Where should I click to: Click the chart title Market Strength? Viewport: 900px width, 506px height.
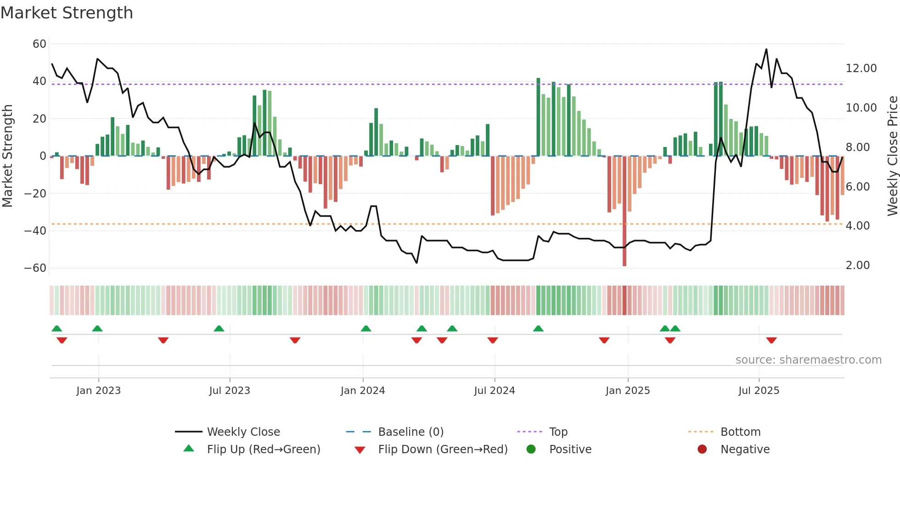click(x=67, y=13)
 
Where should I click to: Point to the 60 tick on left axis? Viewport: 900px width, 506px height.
click(x=39, y=44)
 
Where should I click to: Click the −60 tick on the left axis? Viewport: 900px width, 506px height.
click(x=35, y=268)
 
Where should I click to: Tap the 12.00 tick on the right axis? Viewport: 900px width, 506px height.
click(x=861, y=68)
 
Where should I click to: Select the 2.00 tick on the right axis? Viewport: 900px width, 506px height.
click(x=857, y=265)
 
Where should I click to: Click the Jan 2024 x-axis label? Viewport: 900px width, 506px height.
click(x=362, y=391)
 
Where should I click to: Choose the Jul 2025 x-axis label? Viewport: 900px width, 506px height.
click(x=759, y=391)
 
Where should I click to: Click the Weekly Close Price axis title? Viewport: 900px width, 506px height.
click(x=892, y=156)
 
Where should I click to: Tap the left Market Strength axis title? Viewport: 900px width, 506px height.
click(x=7, y=156)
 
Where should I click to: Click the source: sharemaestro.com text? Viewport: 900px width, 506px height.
click(x=808, y=360)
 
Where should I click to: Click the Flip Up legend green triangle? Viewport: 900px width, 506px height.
click(x=189, y=449)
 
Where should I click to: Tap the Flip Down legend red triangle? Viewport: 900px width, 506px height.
click(x=360, y=450)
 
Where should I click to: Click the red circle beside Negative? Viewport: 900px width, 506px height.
click(x=702, y=449)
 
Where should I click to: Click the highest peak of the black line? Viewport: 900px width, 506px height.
click(x=766, y=50)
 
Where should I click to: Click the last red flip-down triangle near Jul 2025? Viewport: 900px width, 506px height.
click(x=771, y=340)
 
